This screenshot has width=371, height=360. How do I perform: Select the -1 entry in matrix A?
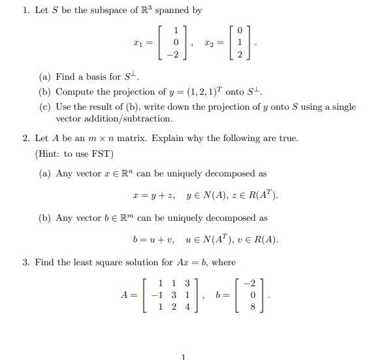tap(156, 295)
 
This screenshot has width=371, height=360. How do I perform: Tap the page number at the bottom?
tap(184, 356)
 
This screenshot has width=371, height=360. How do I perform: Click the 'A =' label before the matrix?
tap(128, 295)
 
